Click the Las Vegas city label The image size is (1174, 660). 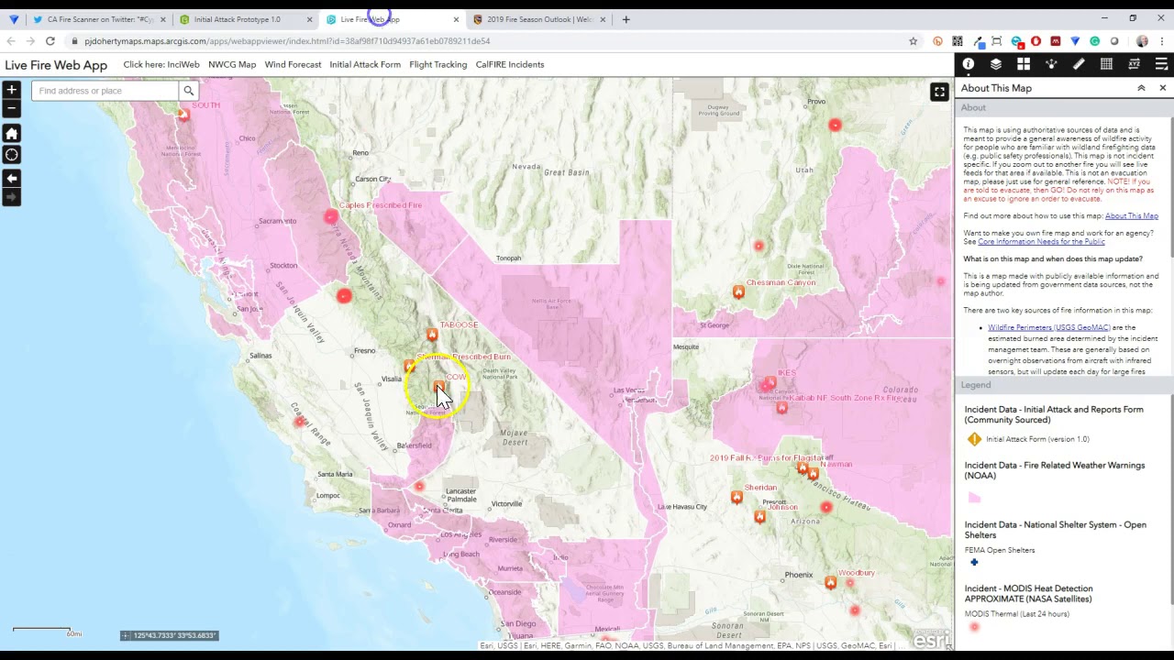tap(629, 390)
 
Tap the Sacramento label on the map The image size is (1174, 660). tap(277, 221)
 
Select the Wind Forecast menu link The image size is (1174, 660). tap(293, 64)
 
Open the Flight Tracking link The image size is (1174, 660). tap(437, 64)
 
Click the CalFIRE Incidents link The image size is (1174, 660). tap(509, 64)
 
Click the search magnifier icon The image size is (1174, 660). tap(188, 91)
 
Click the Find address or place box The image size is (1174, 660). tap(105, 91)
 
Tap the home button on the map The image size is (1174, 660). tap(11, 134)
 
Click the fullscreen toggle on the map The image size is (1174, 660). tap(939, 92)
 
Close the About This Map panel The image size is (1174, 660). tap(1162, 88)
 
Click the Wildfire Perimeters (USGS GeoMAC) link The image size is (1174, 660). tap(1048, 327)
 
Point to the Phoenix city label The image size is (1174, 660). tap(799, 575)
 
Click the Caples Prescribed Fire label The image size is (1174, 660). tap(381, 205)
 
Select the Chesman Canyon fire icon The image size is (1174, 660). tap(738, 291)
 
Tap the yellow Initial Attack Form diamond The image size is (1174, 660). tap(974, 439)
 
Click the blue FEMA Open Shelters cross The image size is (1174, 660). tap(974, 562)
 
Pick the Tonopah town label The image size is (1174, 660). tap(508, 258)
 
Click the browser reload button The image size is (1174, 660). tap(50, 41)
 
